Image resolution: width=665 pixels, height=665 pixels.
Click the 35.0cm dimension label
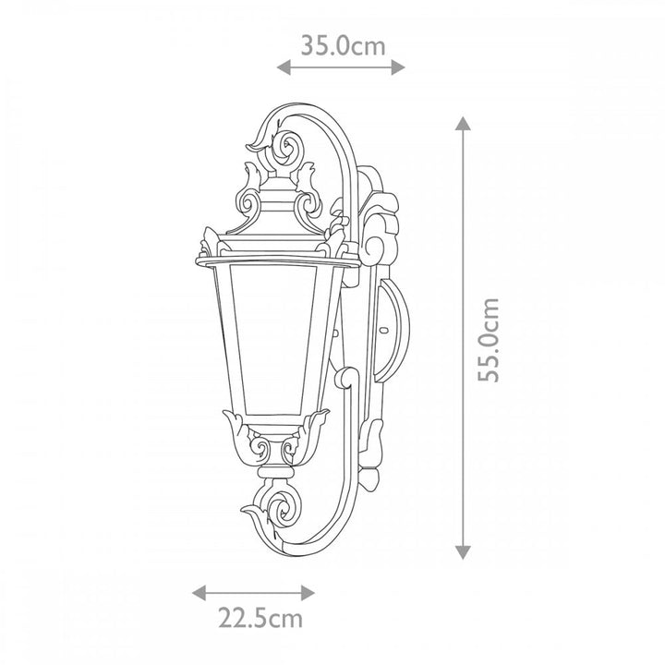[343, 46]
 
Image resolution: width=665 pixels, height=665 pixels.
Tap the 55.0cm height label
[489, 340]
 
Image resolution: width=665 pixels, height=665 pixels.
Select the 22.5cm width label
[260, 618]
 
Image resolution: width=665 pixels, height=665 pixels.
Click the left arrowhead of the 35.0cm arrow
[284, 67]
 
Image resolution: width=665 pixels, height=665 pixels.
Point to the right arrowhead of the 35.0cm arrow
[398, 67]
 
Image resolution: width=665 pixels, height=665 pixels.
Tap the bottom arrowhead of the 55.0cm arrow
[463, 552]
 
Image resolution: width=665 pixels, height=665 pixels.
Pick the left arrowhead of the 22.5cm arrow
[199, 592]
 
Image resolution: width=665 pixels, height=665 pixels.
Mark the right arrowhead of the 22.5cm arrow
[308, 592]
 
